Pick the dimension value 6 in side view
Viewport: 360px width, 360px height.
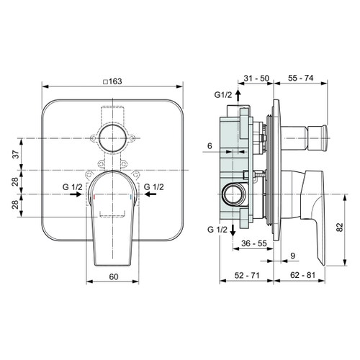tap(210, 146)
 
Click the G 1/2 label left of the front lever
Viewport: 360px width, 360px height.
tap(72, 187)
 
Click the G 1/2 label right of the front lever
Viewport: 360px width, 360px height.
tap(155, 187)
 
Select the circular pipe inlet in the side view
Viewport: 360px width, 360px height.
tap(233, 194)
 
